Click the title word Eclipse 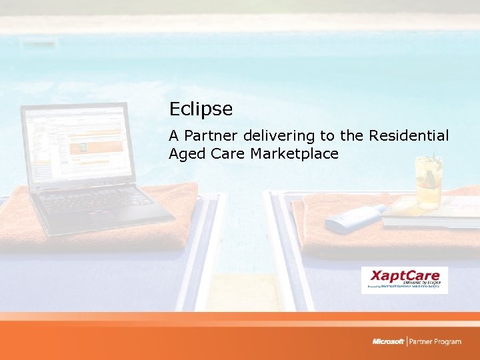[x=201, y=109]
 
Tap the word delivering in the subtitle [x=279, y=136]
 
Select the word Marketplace [x=295, y=155]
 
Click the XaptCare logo [x=404, y=279]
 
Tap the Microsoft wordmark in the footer [x=388, y=341]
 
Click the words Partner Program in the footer [x=435, y=341]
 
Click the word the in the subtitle [x=350, y=136]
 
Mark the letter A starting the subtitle [x=174, y=136]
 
